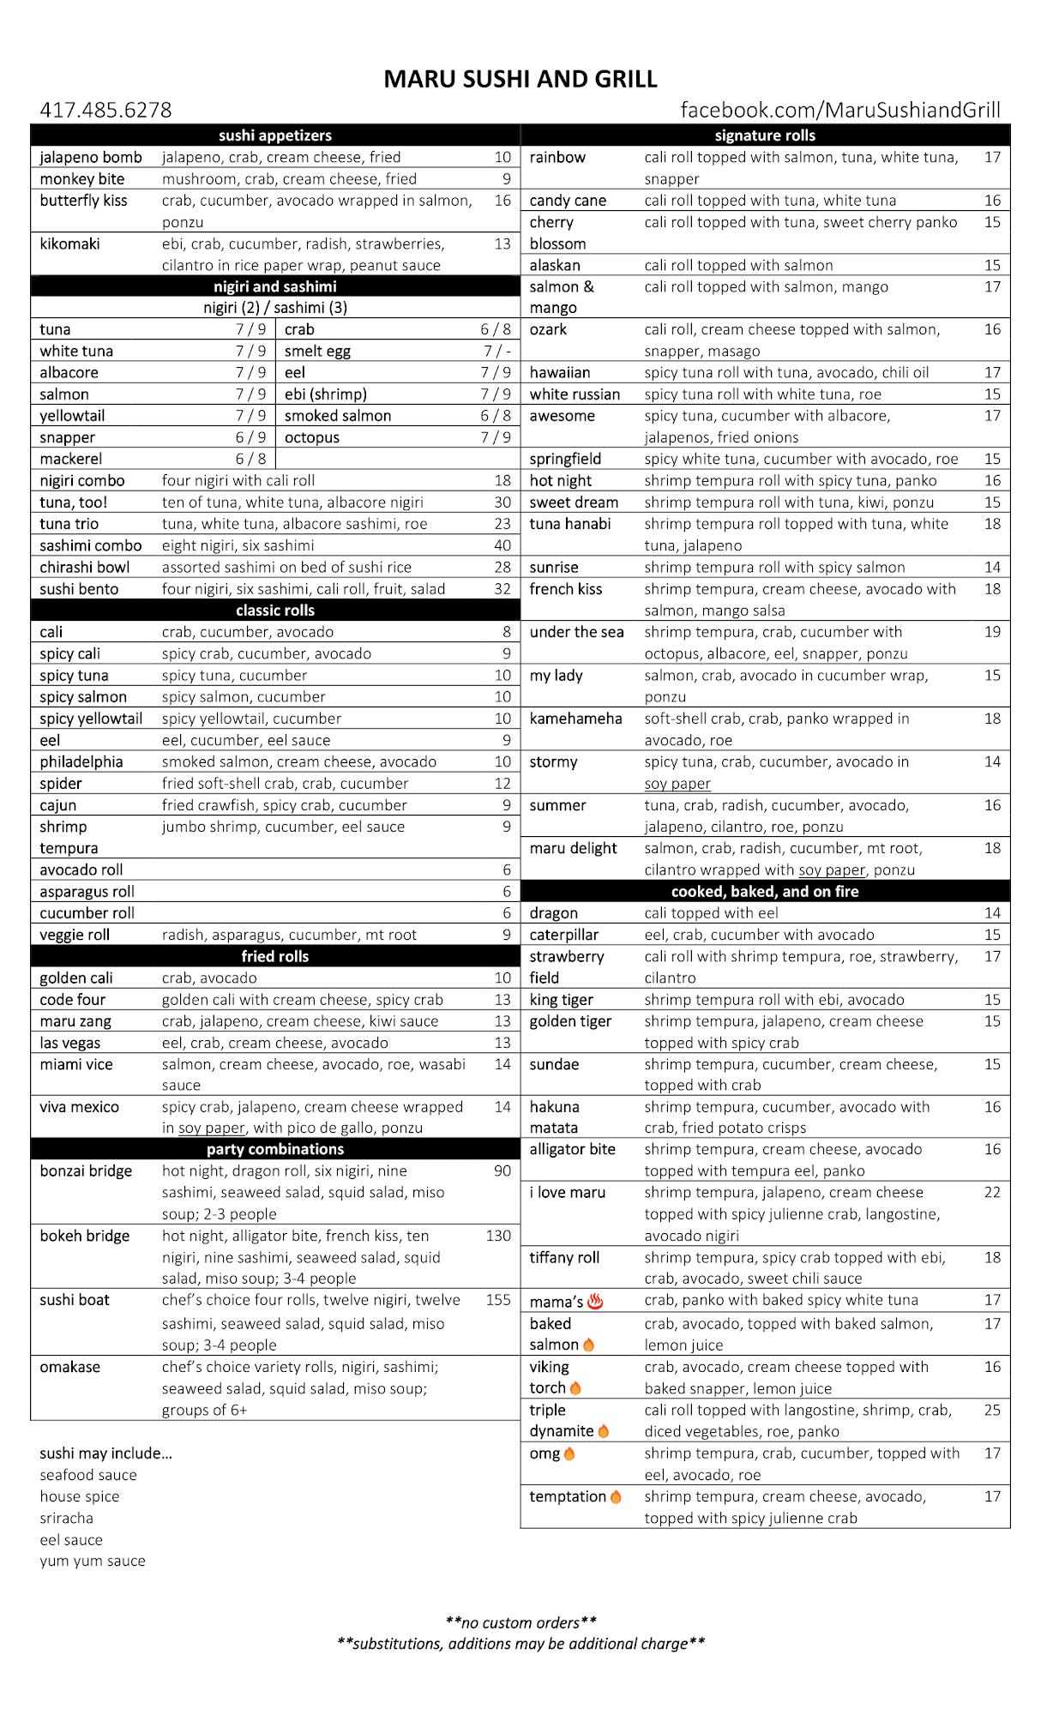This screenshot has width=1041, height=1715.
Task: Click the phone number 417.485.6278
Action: pos(105,111)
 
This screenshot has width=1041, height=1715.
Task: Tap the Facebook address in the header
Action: pos(839,111)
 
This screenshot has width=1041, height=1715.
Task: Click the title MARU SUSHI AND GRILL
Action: pos(520,79)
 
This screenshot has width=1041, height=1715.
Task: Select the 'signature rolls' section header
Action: pos(765,135)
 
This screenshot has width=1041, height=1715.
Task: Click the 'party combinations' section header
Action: pos(274,1149)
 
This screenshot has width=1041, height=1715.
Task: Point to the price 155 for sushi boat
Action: pos(497,1300)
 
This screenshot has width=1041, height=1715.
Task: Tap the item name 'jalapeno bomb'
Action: pos(91,157)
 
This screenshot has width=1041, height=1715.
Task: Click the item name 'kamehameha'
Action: pos(575,719)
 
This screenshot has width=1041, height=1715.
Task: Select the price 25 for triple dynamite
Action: pos(992,1410)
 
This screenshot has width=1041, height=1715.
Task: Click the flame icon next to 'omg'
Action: pos(569,1453)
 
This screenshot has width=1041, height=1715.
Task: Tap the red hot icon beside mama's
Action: pos(595,1302)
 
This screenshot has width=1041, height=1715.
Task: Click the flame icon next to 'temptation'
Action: pos(615,1496)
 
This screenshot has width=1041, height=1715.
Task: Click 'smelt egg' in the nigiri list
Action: pos(317,351)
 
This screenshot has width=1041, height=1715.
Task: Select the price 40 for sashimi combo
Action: pos(502,545)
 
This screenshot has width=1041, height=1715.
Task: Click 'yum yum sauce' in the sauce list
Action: pos(93,1561)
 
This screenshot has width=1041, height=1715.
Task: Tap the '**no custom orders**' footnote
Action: pos(520,1622)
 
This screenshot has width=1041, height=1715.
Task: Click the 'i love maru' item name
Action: pos(567,1192)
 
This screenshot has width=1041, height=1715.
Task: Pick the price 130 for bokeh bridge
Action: pos(497,1236)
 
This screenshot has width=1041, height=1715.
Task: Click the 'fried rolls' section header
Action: pos(274,956)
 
